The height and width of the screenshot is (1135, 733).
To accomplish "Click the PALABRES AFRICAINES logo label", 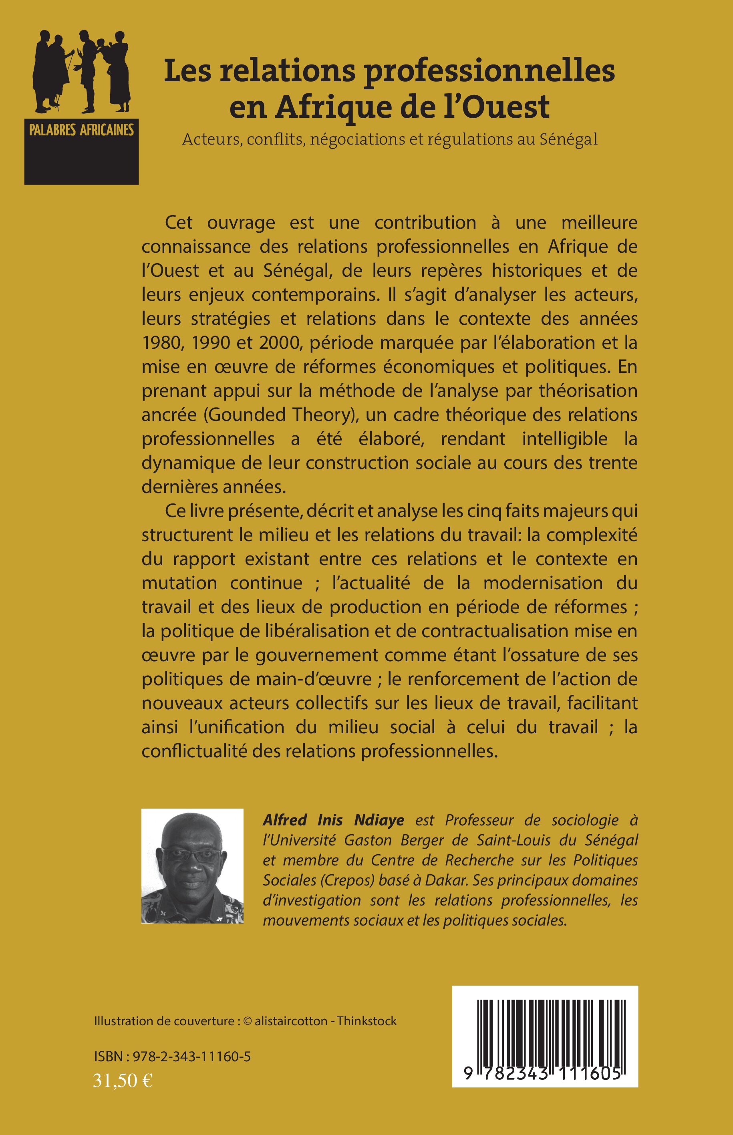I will [x=81, y=130].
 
